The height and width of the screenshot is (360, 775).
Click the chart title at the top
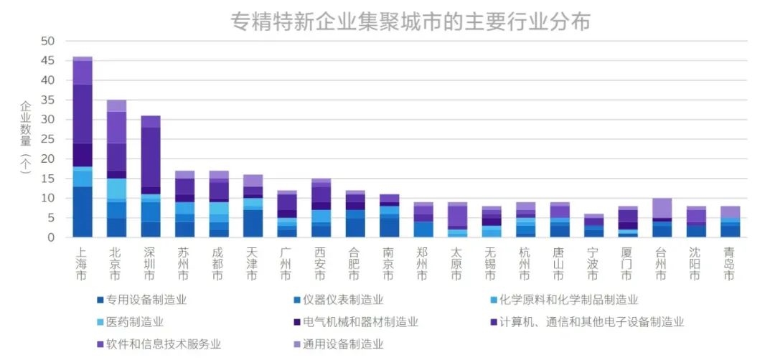click(x=410, y=22)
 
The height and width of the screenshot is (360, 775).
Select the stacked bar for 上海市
click(x=83, y=147)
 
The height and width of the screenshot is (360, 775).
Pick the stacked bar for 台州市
click(x=662, y=218)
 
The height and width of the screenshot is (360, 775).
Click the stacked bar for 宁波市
click(x=593, y=226)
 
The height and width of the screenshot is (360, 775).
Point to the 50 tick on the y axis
click(x=48, y=42)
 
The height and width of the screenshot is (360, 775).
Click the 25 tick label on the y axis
click(x=48, y=139)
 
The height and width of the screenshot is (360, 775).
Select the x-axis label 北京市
click(x=116, y=263)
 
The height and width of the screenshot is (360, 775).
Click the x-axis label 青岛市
click(x=730, y=263)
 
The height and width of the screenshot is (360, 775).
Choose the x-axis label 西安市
click(x=321, y=263)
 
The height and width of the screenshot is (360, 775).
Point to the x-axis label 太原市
click(x=457, y=263)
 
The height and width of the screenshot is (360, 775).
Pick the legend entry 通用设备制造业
click(x=339, y=344)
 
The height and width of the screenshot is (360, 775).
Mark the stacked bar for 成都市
click(x=219, y=204)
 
